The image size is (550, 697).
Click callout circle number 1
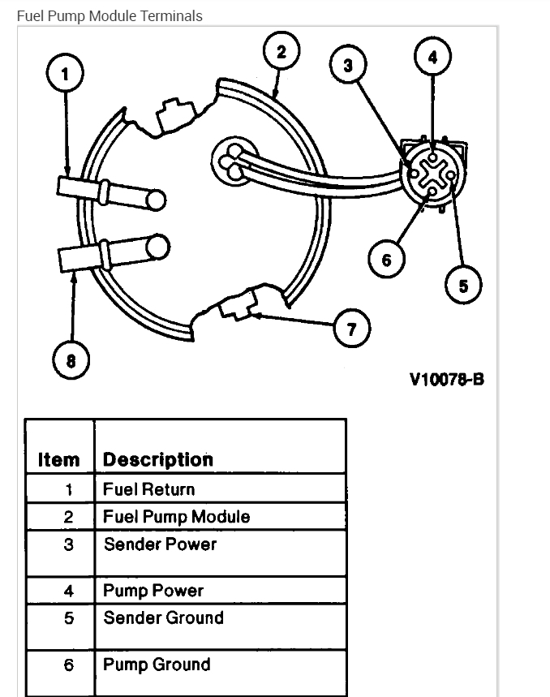[66, 75]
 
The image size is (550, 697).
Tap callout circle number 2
[281, 53]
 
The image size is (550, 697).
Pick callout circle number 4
[432, 58]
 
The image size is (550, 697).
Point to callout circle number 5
[463, 286]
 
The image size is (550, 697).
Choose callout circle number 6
[386, 260]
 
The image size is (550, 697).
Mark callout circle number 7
[352, 329]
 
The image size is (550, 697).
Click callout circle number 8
[71, 360]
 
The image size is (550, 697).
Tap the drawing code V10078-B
[447, 379]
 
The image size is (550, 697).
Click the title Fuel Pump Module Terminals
[110, 15]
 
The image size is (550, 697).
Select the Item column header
[59, 460]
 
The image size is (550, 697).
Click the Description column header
[158, 460]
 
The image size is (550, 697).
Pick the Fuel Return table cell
[149, 489]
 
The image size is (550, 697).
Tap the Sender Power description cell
[160, 544]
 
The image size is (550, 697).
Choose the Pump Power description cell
[153, 591]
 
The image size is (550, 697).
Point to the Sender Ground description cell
[163, 618]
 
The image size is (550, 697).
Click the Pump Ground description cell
[157, 665]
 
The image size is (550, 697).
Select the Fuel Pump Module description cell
[177, 517]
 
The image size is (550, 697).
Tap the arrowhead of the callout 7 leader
[252, 313]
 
